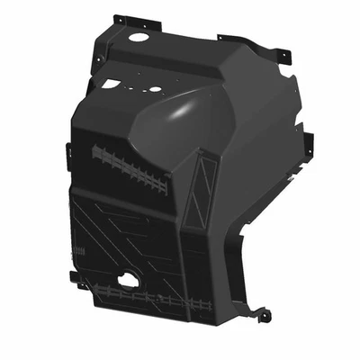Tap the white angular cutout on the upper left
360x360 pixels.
(x=111, y=84)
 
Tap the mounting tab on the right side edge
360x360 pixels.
(x=308, y=144)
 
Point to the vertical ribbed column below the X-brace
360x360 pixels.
(x=193, y=256)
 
